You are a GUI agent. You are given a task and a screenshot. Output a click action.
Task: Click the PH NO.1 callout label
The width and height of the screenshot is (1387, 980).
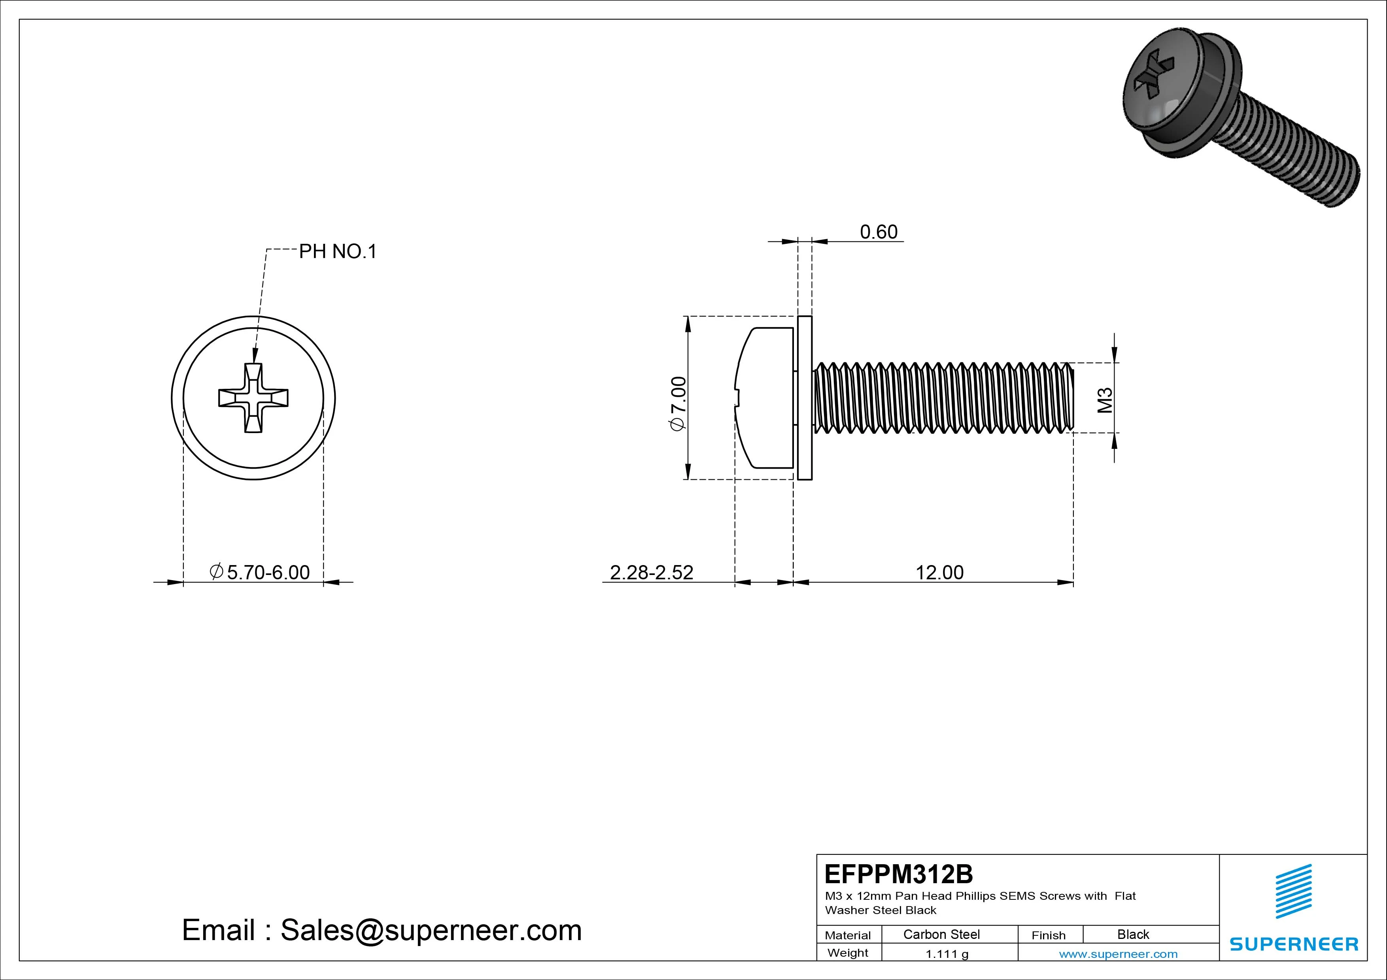point(338,251)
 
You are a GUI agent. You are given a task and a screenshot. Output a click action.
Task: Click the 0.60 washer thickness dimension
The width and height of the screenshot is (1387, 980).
point(879,232)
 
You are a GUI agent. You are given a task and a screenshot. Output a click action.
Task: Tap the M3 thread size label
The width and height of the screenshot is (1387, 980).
point(1105,400)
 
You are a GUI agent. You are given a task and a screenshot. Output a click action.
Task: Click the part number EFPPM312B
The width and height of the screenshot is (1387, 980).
point(898,874)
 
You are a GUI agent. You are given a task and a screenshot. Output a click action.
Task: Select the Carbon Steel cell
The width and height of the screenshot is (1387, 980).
point(941,934)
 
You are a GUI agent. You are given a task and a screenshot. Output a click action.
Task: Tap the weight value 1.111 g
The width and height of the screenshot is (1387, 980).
point(947,954)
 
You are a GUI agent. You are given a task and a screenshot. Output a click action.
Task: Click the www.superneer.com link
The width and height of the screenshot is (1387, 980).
point(1118,954)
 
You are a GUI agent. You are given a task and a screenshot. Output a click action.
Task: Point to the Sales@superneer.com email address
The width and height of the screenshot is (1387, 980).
point(431,930)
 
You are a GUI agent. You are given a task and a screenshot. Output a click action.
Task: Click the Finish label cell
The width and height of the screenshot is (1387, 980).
point(1048,935)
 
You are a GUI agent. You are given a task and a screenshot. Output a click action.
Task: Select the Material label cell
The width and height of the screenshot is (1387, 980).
point(848,935)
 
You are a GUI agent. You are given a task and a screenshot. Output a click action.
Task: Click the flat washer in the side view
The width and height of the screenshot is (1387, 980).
point(805,398)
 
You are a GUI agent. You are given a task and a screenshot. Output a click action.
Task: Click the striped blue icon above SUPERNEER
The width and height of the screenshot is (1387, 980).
point(1293,891)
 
